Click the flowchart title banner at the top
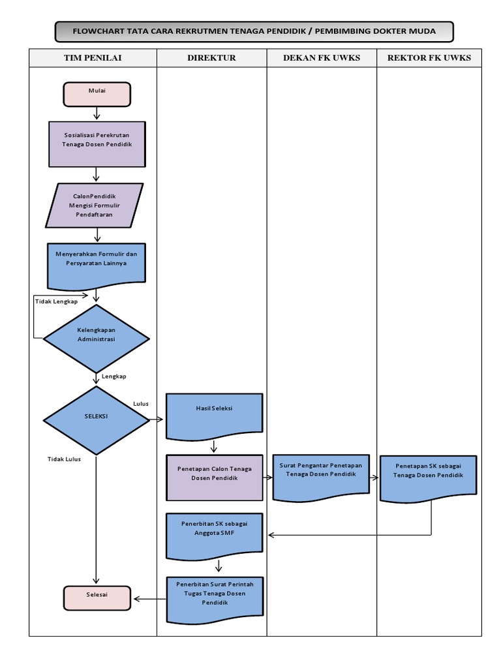[x=254, y=31]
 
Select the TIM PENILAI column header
[x=93, y=58]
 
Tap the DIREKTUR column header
[x=211, y=58]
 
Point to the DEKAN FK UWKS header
[x=321, y=58]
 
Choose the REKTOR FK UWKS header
[x=429, y=58]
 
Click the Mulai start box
[x=97, y=93]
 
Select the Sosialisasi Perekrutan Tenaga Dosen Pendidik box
[x=97, y=144]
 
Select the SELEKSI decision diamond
[x=97, y=420]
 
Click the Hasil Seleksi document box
[x=214, y=414]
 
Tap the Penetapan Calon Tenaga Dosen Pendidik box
[x=214, y=477]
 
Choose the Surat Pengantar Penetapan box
[x=321, y=476]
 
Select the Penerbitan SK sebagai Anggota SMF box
[x=214, y=534]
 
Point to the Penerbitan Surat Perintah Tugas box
[x=214, y=597]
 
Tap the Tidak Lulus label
[x=64, y=459]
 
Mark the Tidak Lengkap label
[x=56, y=301]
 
